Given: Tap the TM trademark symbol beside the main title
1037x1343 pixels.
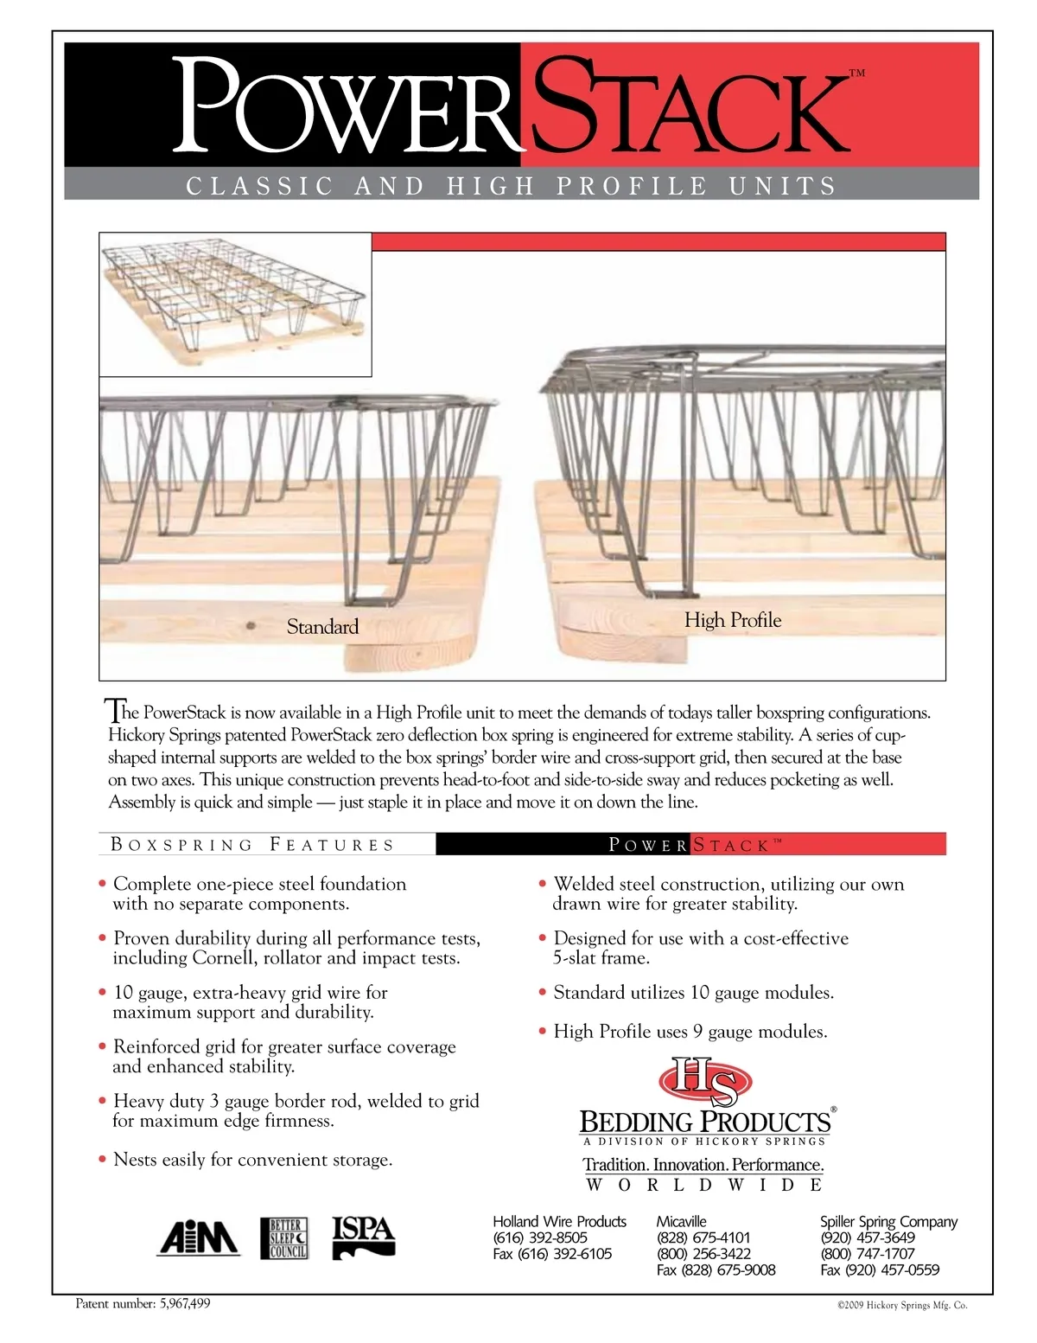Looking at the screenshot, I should click(857, 74).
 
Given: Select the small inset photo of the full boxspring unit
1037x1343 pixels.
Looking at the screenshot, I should click(235, 304).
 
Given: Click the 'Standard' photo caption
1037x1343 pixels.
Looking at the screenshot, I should click(322, 627).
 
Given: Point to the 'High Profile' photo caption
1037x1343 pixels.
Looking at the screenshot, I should click(733, 620).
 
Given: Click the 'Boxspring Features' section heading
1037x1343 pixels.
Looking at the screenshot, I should click(252, 845).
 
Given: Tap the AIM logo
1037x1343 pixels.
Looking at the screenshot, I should click(198, 1238).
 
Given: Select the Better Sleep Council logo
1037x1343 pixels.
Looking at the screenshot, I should click(284, 1238).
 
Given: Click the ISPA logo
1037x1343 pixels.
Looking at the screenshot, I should click(364, 1237).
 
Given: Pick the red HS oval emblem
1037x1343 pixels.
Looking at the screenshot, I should click(705, 1081).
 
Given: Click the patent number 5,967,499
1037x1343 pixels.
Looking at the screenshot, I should click(185, 1304).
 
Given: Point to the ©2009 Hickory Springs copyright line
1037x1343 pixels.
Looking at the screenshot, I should click(901, 1306).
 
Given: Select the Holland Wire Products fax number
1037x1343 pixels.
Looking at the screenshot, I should click(552, 1254).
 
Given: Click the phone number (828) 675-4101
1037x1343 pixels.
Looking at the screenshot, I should click(703, 1237).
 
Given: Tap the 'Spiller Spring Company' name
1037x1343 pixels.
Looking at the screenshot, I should click(888, 1222).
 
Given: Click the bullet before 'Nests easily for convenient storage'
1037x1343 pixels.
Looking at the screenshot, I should click(103, 1160).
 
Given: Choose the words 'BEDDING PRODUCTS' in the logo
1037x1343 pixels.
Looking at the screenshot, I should click(704, 1122).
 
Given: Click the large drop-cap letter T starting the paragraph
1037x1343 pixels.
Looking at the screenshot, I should click(113, 711).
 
